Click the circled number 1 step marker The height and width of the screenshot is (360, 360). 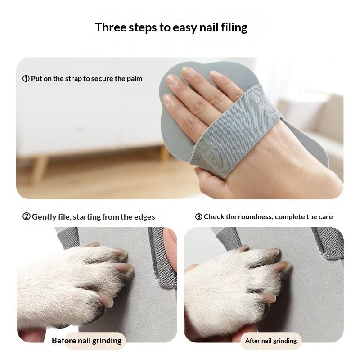click(26, 79)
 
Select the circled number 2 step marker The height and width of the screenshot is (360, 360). click(27, 217)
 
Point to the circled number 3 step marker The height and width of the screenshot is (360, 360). click(198, 217)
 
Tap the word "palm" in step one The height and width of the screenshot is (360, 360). click(134, 79)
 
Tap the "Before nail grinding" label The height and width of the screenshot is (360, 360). click(86, 341)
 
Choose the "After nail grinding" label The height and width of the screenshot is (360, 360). click(270, 341)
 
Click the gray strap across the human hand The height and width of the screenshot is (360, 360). click(234, 130)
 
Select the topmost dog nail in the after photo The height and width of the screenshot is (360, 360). click(272, 252)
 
